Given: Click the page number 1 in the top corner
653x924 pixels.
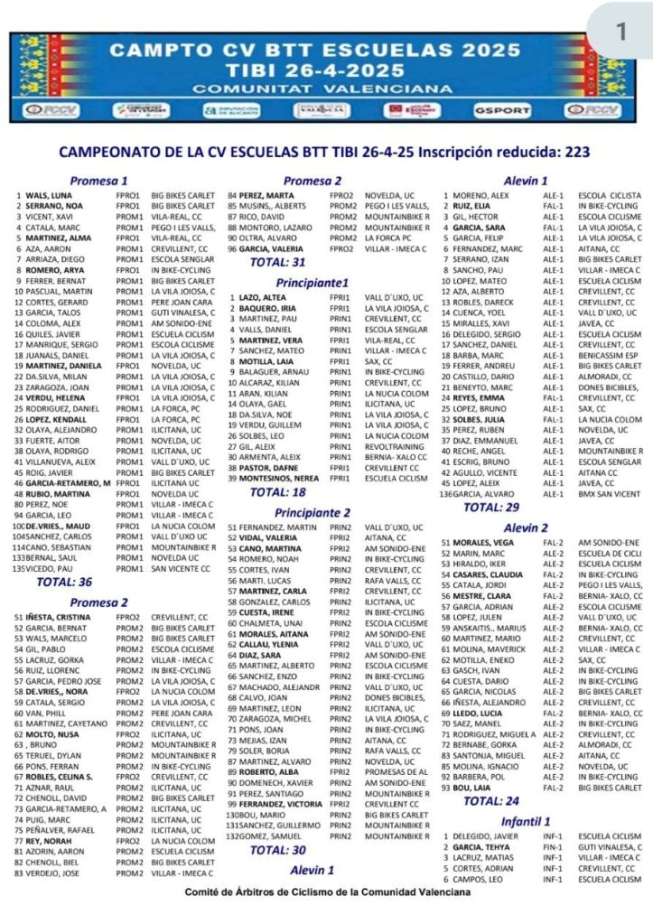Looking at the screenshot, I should pyautogui.click(x=620, y=31).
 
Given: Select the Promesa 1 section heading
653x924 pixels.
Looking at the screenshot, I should pyautogui.click(x=98, y=180).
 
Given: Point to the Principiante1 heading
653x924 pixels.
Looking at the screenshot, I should pyautogui.click(x=312, y=282).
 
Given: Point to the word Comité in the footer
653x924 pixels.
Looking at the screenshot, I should pyautogui.click(x=206, y=891).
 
